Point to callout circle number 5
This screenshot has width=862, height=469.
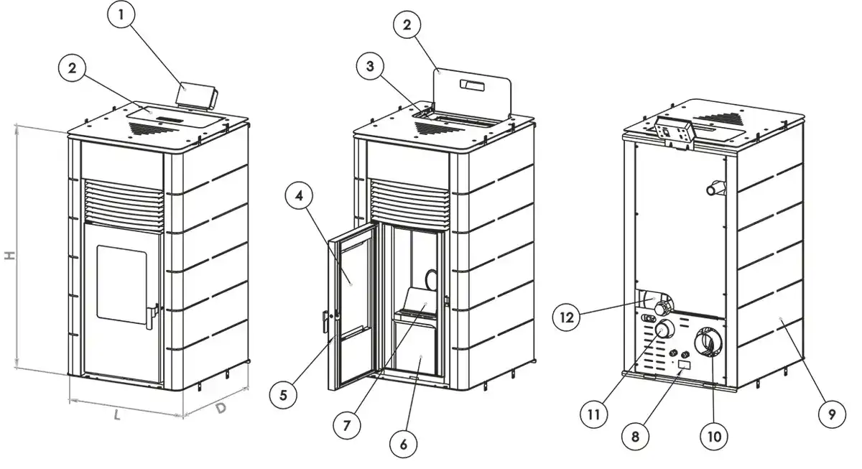(283, 395)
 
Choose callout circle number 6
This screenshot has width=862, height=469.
(404, 444)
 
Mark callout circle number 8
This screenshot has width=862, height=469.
(636, 435)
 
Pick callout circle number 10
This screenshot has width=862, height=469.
(716, 435)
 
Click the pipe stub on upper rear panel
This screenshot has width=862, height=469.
(715, 189)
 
